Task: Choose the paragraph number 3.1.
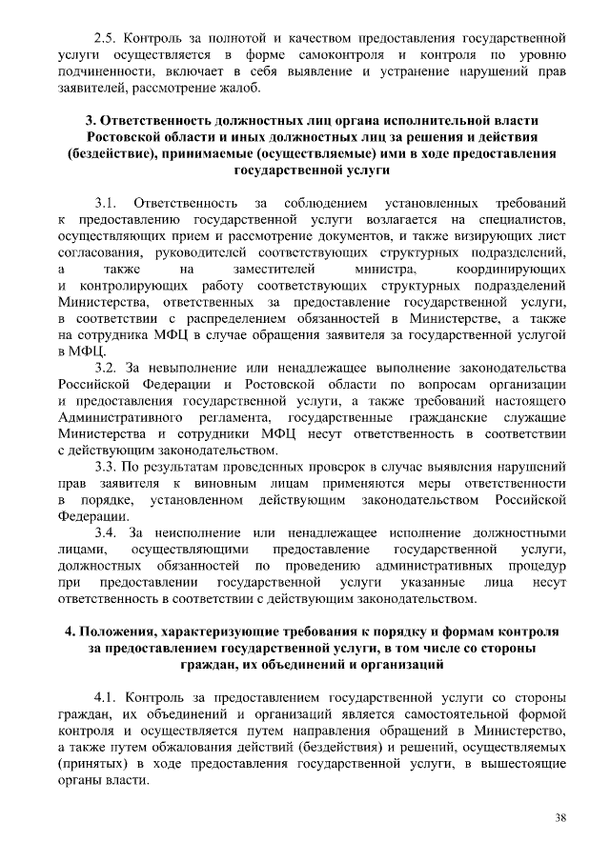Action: click(106, 203)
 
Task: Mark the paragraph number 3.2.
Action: click(107, 368)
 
